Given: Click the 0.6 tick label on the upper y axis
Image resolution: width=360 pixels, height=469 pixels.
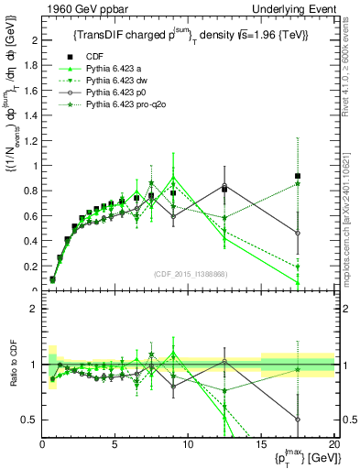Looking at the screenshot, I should tap(32, 216).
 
